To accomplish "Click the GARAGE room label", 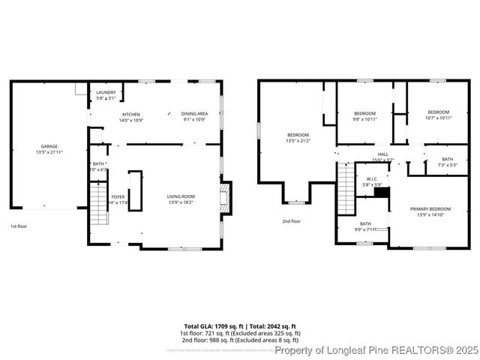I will click(49, 146).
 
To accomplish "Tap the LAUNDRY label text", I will click(106, 93).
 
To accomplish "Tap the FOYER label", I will click(118, 197).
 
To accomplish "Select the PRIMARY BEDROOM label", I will click(430, 209).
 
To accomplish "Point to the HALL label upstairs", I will click(382, 154).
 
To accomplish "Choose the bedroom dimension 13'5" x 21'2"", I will click(298, 140).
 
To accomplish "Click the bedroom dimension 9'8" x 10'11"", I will click(364, 118).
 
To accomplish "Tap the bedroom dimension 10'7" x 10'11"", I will click(438, 118).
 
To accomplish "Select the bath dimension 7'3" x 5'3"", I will click(447, 165).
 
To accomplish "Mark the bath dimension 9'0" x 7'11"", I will click(365, 229).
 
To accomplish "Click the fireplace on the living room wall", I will click(224, 197).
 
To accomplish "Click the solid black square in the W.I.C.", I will click(382, 193).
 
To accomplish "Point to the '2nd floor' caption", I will click(291, 221).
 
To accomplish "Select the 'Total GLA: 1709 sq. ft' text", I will click(213, 325).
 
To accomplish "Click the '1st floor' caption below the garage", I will click(19, 226).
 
